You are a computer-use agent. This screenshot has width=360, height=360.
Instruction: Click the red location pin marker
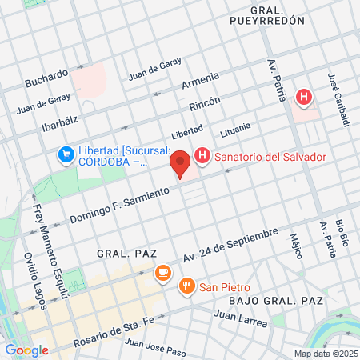[x=181, y=163]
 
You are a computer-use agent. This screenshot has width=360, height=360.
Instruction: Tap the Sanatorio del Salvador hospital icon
[x=202, y=157]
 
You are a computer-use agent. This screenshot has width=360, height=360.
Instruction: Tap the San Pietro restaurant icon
[x=186, y=287]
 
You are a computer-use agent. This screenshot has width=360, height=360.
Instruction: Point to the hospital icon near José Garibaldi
[x=303, y=98]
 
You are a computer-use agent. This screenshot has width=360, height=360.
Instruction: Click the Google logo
[x=26, y=350]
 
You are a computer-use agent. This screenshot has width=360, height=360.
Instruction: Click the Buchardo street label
[x=46, y=78]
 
